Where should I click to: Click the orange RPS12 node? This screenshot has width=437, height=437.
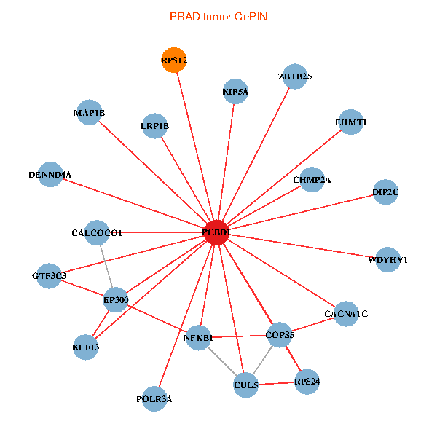[x=175, y=60]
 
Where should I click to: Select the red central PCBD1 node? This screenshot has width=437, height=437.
[x=216, y=232]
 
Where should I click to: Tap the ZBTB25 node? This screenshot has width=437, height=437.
[x=294, y=76]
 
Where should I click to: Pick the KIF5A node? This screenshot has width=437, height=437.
[x=235, y=92]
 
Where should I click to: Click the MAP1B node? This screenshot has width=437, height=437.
[x=89, y=113]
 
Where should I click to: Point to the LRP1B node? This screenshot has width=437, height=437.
[x=154, y=126]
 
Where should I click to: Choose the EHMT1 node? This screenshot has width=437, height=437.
[x=351, y=123]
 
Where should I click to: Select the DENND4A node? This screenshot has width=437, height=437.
[x=50, y=175]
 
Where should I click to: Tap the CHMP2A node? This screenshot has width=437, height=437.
[x=312, y=180]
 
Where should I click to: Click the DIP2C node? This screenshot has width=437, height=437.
[x=385, y=193]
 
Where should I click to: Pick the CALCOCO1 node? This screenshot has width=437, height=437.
[x=98, y=233]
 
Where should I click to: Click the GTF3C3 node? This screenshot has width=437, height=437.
[x=50, y=276]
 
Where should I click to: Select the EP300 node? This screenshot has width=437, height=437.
[x=116, y=299]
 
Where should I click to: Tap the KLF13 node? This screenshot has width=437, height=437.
[x=86, y=347]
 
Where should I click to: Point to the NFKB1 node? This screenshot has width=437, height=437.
[x=199, y=338]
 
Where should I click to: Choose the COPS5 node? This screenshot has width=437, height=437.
[x=280, y=335]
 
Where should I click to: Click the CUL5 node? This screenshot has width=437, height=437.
[x=246, y=384]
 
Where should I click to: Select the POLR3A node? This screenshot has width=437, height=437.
[x=154, y=399]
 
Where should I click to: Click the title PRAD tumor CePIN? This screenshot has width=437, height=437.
[x=219, y=16]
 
